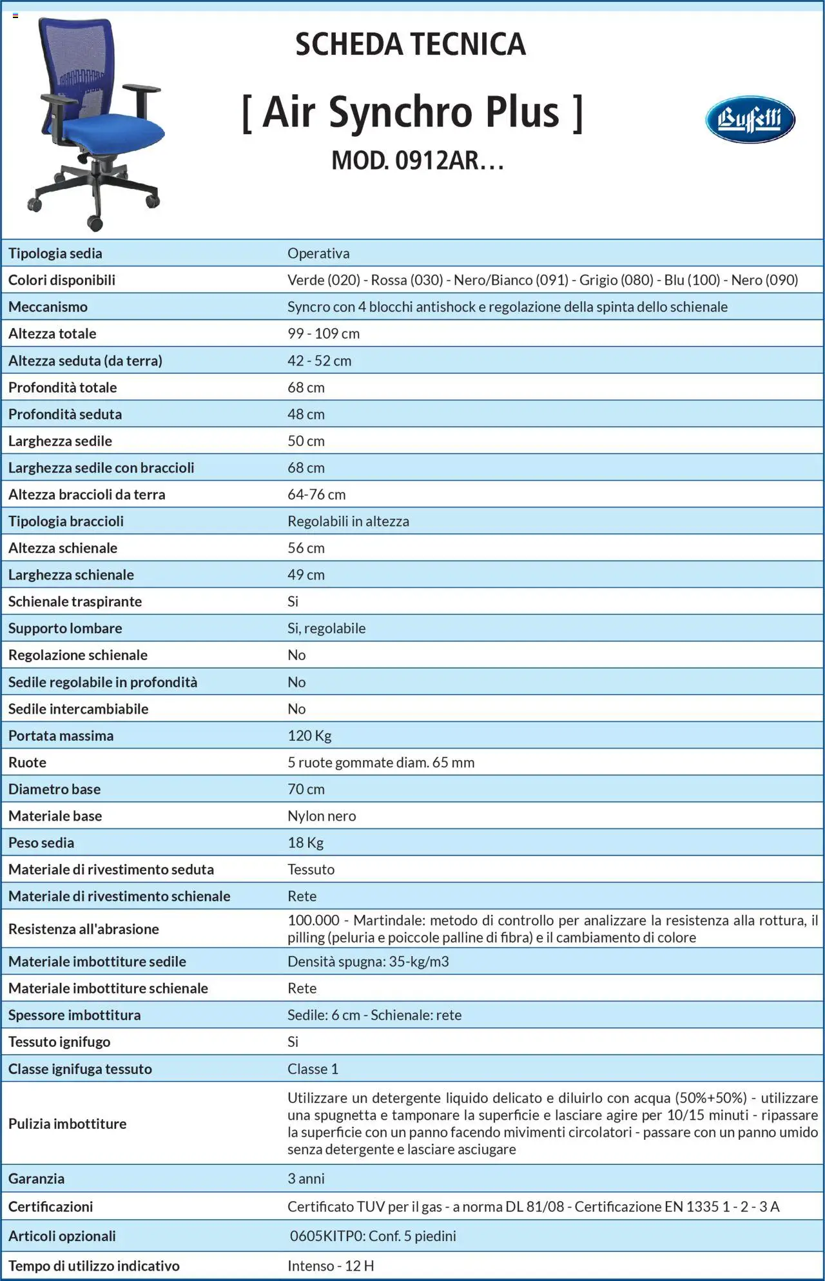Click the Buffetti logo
750,119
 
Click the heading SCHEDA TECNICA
411,44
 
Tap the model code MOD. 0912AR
416,161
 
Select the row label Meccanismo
48,307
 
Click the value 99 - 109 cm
324,334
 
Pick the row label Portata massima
61,736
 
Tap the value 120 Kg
309,736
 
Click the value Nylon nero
322,816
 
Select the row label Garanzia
36,1178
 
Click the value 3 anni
306,1178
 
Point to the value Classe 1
313,1069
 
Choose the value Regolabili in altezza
348,521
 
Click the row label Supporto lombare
65,628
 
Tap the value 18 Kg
306,843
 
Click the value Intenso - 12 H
331,1266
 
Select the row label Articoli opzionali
62,1236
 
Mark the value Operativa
318,253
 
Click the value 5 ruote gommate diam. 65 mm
381,763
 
